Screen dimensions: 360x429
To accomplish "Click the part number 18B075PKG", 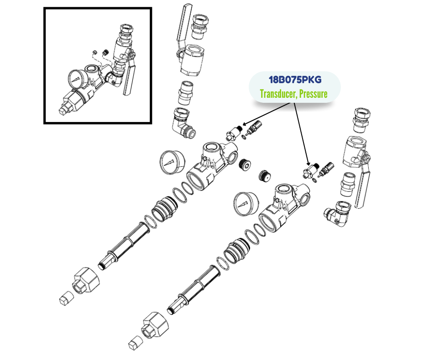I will tap(295, 80).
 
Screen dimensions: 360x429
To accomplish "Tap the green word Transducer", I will tap(278, 94).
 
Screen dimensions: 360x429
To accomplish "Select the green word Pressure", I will tap(314, 94).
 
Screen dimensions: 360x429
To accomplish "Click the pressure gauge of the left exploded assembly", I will tap(172, 161).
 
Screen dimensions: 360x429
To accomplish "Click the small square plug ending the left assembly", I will tap(65, 299).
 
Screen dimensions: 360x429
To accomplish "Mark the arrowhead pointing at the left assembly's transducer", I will tap(243, 123).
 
